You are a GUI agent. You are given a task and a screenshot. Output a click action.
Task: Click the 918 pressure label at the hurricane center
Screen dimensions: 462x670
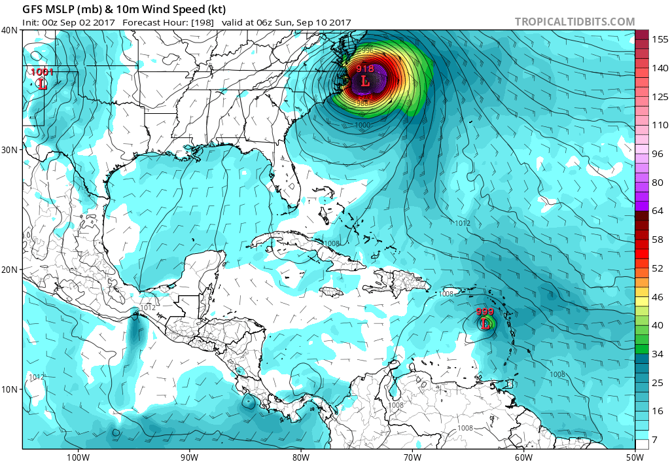click(x=365, y=69)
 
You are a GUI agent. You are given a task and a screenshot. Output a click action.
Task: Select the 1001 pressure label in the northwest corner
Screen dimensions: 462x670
click(x=43, y=72)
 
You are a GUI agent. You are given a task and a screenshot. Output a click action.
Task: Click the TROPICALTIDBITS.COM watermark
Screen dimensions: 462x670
click(x=574, y=22)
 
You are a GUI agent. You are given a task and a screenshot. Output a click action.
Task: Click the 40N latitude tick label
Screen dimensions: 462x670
click(x=10, y=30)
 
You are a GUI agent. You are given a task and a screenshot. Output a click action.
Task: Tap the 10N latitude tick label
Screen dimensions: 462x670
click(x=10, y=389)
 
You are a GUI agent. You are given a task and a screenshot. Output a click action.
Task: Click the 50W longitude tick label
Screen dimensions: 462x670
click(x=634, y=456)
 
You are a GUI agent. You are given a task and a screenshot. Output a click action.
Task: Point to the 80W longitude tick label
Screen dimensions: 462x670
click(x=300, y=456)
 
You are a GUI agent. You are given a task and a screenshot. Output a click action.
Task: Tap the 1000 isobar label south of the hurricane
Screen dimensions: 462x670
click(x=362, y=125)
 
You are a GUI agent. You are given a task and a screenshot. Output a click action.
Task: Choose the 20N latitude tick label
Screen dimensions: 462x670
click(x=10, y=270)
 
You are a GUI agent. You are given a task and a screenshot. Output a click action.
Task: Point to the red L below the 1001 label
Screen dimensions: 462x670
click(x=43, y=84)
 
